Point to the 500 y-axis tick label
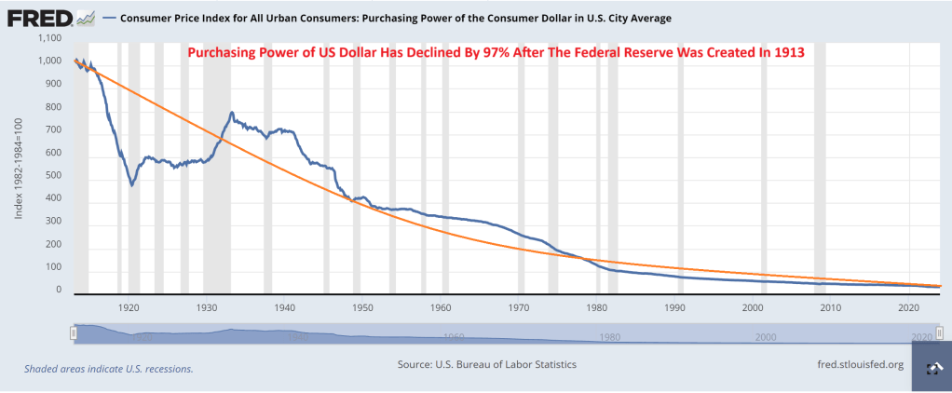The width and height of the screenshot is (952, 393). tap(53, 176)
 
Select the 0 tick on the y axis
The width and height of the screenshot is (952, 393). tap(58, 291)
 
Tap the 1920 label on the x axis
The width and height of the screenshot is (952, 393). tap(129, 306)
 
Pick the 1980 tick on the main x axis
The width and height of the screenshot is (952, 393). tap(597, 306)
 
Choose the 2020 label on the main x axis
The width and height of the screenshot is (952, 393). tap(909, 306)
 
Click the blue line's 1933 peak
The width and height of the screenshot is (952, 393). tap(231, 113)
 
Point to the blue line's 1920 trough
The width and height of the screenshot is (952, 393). tap(132, 184)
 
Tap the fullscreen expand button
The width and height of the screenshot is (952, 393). tap(931, 369)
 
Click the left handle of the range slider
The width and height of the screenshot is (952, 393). tap(72, 332)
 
